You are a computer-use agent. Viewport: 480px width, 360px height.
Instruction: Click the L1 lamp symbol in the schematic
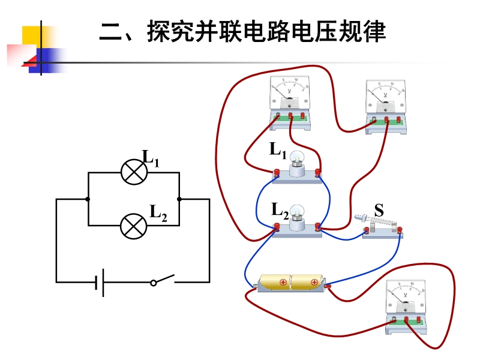pos(134,172)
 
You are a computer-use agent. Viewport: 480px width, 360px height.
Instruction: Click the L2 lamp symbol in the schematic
pos(134,226)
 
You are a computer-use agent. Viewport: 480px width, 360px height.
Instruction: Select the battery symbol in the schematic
pos(100,281)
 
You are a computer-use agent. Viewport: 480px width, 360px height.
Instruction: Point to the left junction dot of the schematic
pos(88,199)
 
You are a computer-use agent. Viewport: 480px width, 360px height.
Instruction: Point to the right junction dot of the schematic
pos(179,199)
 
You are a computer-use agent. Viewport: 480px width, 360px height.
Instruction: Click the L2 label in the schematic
pos(158,212)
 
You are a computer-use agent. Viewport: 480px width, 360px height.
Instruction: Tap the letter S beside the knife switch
pos(379,211)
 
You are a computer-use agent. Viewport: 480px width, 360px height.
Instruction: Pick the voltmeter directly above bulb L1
pos(290,99)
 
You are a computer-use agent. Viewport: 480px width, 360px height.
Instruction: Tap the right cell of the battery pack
pos(307,281)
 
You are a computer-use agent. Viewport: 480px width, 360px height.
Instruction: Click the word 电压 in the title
pos(310,33)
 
